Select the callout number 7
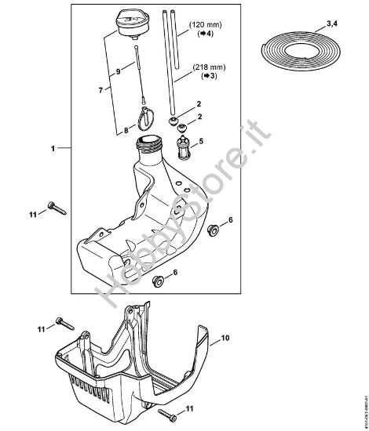point(100,90)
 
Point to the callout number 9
point(119,72)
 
